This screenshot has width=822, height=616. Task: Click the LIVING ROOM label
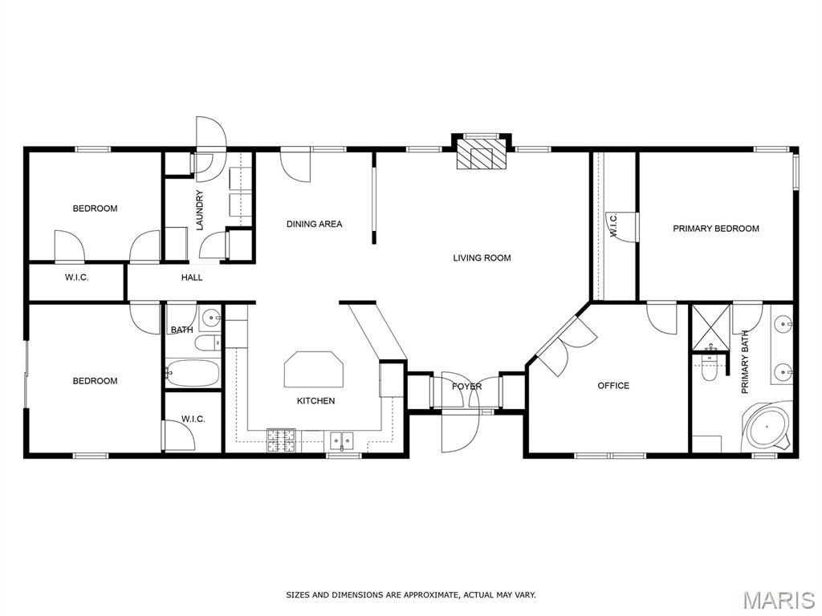coord(482,257)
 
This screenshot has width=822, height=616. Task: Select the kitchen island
coord(314,369)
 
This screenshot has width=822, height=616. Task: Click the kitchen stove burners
coord(282,440)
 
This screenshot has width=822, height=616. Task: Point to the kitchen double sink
coord(341,440)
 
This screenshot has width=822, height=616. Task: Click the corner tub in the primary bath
coord(767,425)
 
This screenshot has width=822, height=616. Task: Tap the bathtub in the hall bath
coord(192,373)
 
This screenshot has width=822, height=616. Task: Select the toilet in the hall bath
coord(208,343)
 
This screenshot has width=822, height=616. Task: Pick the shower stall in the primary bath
coord(711,326)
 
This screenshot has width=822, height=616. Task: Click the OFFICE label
coord(613,386)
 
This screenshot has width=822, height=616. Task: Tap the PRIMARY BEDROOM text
coord(715,229)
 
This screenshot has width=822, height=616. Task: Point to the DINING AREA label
coord(314,225)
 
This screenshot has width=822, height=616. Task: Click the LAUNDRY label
coord(199,210)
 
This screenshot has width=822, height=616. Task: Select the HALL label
coord(192,278)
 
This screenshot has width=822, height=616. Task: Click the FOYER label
coord(466,387)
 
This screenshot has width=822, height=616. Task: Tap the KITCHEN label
coord(315,401)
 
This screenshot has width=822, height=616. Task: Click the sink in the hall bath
coord(211,317)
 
